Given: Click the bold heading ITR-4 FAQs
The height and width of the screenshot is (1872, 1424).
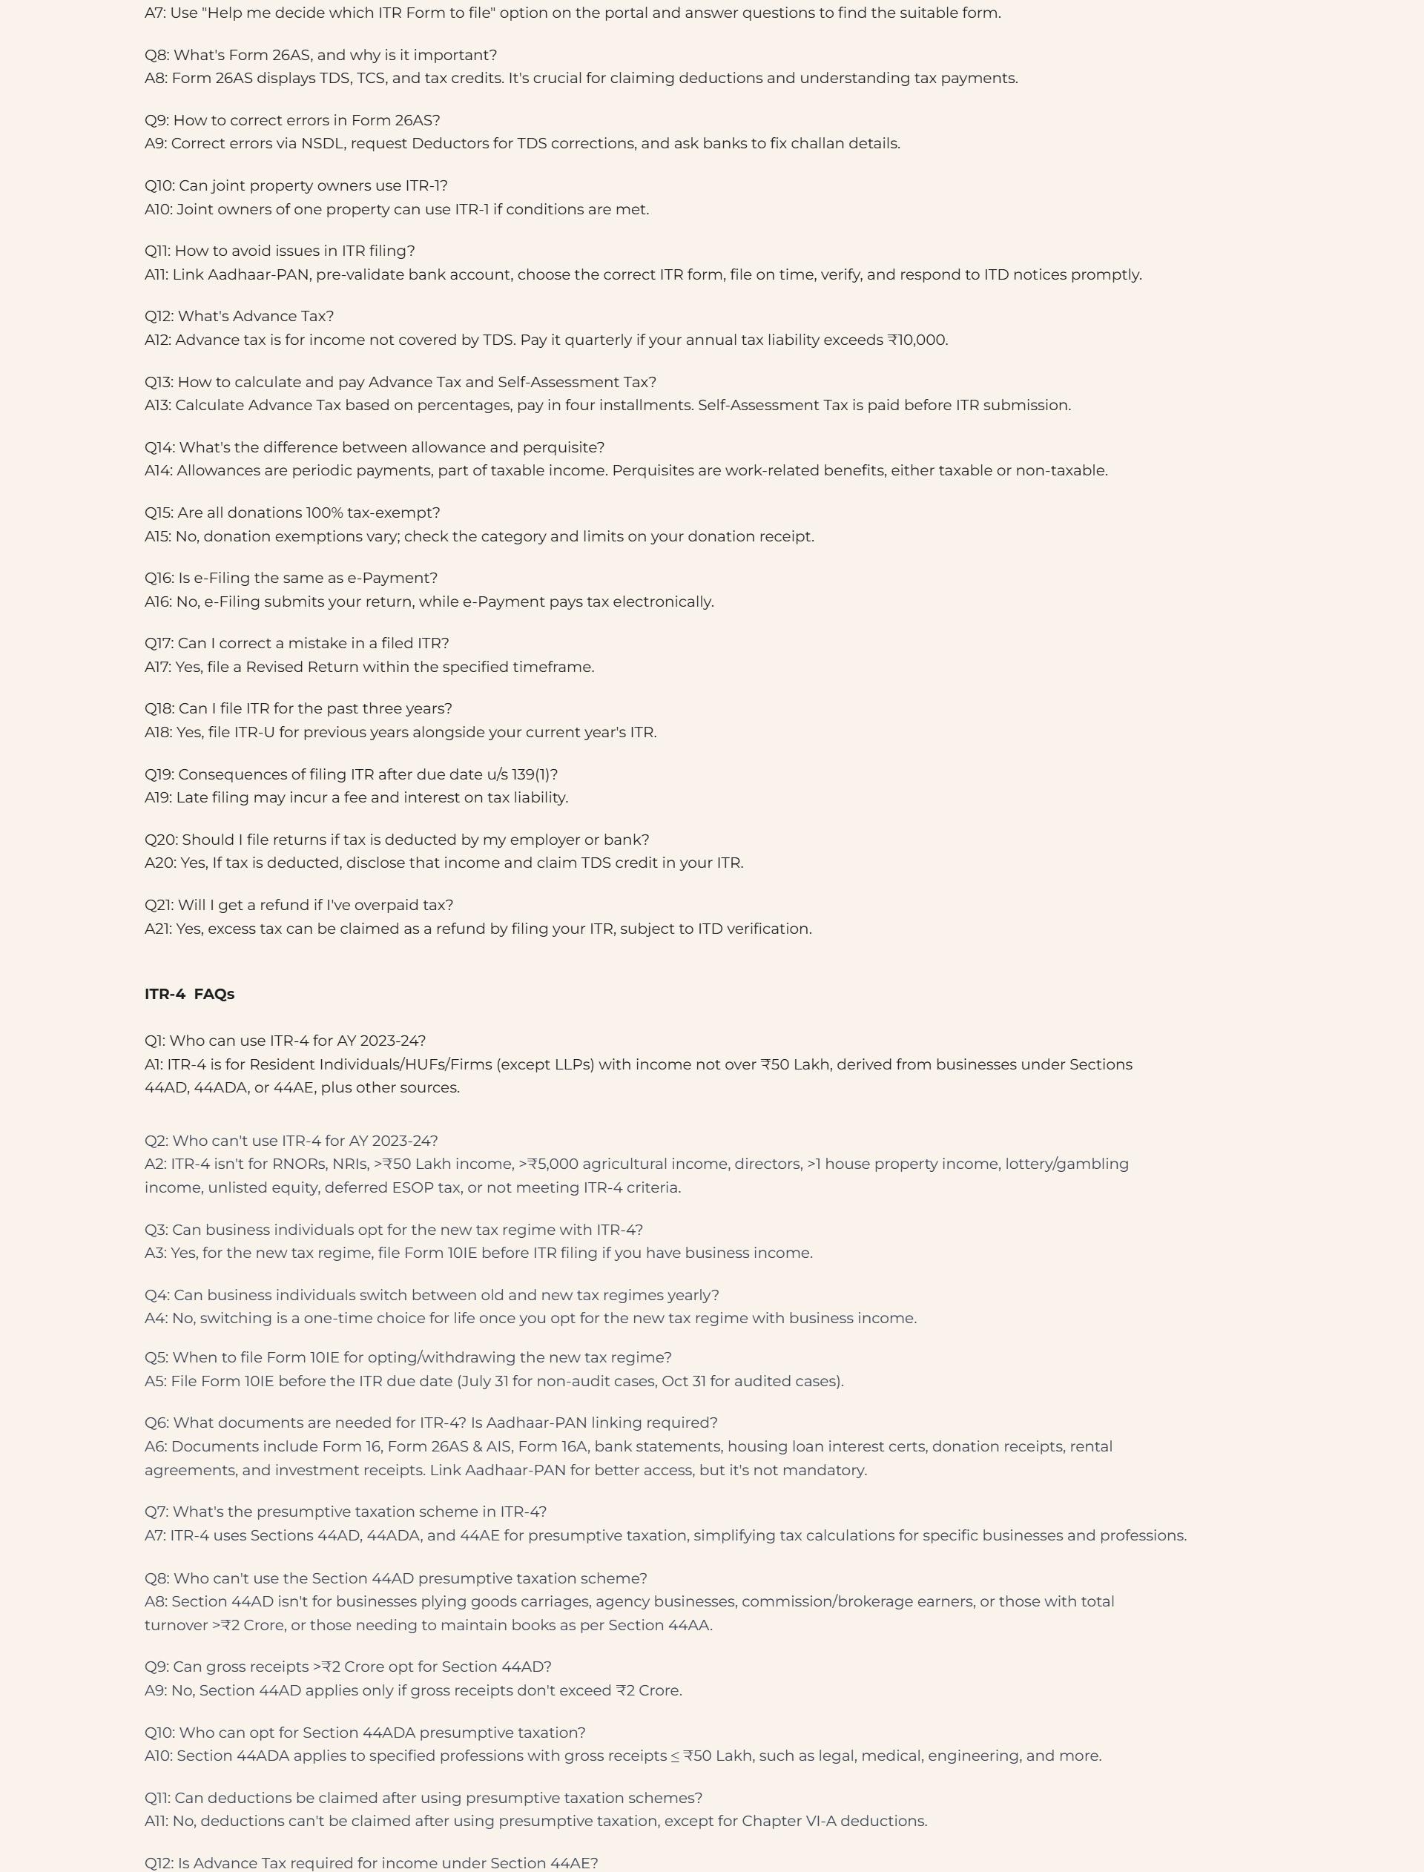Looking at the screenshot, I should coord(189,994).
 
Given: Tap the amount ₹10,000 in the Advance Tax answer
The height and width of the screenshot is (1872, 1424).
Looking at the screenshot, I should coord(917,340).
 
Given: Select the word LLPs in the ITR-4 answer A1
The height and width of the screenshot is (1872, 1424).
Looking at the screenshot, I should coord(568,1064).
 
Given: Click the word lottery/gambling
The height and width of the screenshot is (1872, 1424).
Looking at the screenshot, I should coord(1067,1164).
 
